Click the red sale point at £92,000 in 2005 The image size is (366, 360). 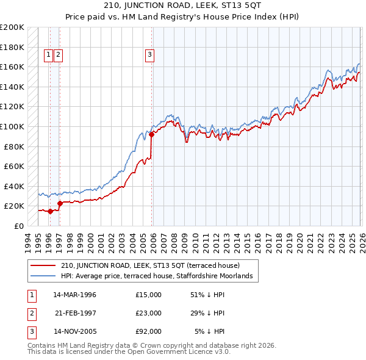[x=151, y=134]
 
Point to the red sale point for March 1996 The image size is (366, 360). [x=49, y=211]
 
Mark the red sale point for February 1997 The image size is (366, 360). [x=60, y=203]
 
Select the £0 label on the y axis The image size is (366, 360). [x=18, y=226]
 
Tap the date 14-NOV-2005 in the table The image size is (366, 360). [x=74, y=332]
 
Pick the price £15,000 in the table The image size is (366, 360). [x=148, y=294]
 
